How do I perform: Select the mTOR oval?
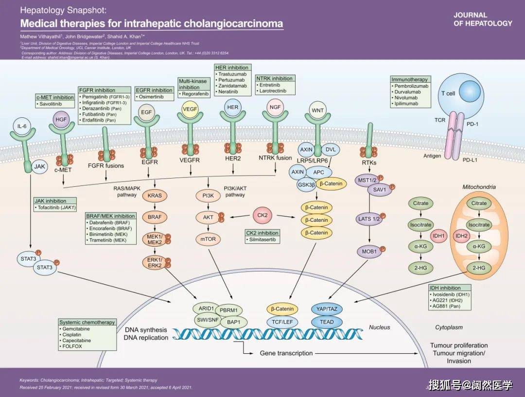click(208, 239)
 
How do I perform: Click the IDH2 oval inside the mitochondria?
click(461, 235)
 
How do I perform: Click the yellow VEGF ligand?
click(190, 109)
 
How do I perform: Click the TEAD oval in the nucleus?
click(326, 322)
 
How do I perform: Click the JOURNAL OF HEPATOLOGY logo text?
click(483, 19)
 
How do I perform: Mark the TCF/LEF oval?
click(282, 322)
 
